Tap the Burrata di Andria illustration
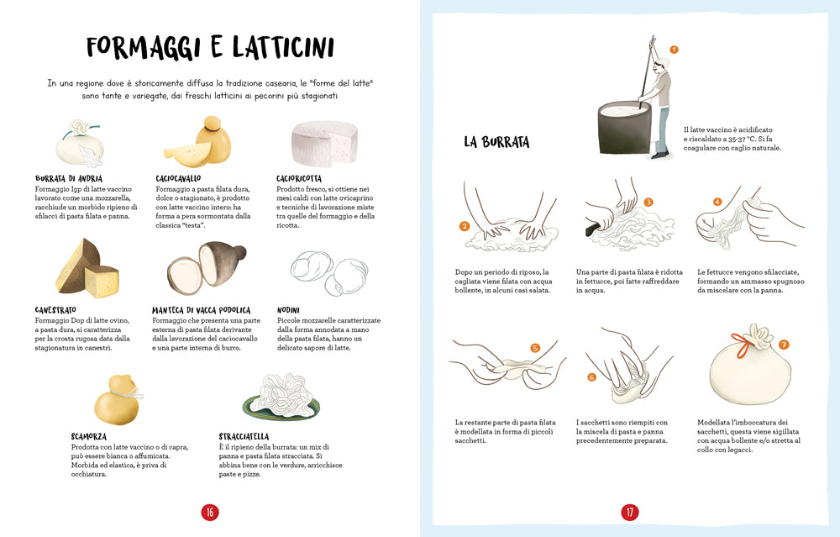pyautogui.click(x=80, y=145)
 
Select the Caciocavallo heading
pyautogui.click(x=178, y=178)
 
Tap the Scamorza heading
pyautogui.click(x=89, y=436)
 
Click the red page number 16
pyautogui.click(x=210, y=512)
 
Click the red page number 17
pyautogui.click(x=629, y=512)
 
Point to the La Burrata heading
pyautogui.click(x=496, y=142)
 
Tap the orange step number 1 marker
pyautogui.click(x=674, y=50)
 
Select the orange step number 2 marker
pyautogui.click(x=464, y=226)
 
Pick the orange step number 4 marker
pyautogui.click(x=717, y=202)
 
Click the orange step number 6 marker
pyautogui.click(x=591, y=377)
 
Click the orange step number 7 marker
pyautogui.click(x=784, y=345)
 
